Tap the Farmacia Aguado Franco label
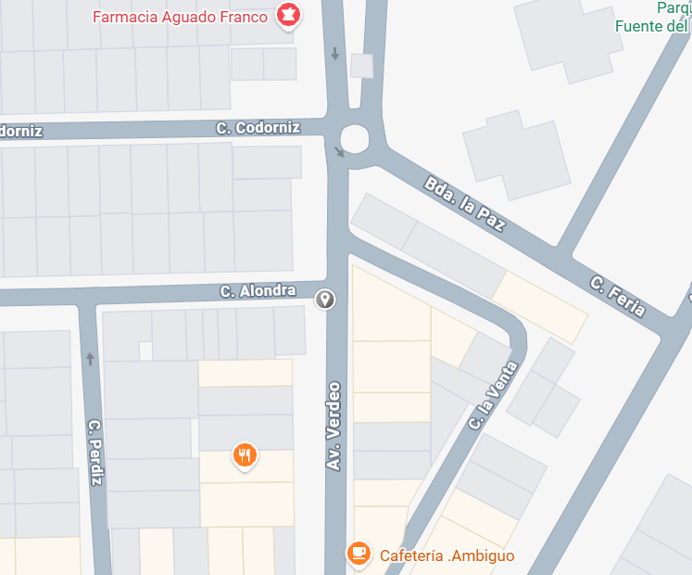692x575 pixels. (x=181, y=17)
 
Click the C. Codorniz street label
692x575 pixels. (x=258, y=127)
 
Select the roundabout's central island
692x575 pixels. (x=355, y=140)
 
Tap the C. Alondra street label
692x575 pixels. (x=258, y=291)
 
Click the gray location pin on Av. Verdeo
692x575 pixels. (x=325, y=299)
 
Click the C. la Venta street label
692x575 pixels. (x=493, y=394)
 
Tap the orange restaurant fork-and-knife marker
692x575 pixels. (x=245, y=455)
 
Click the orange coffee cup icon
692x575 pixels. (x=359, y=554)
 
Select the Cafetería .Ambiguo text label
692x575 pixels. (x=447, y=556)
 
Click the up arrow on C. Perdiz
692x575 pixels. (x=90, y=359)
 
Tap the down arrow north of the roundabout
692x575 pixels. (x=335, y=55)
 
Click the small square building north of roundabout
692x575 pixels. (x=361, y=66)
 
